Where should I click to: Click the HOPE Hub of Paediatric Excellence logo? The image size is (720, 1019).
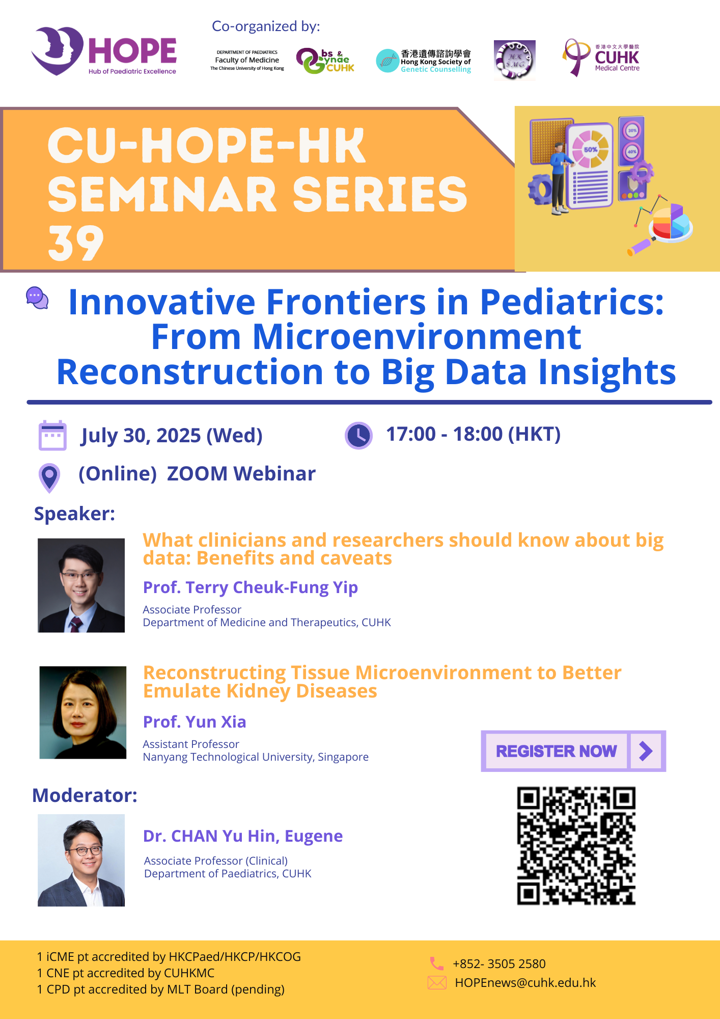click(x=104, y=51)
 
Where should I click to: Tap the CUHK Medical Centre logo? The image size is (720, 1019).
click(x=601, y=58)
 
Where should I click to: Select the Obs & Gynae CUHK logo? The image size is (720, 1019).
click(x=325, y=61)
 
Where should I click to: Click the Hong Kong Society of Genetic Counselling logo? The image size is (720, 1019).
click(x=424, y=61)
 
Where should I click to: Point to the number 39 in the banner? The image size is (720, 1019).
click(x=76, y=244)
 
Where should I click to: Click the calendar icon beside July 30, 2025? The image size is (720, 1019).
click(x=52, y=436)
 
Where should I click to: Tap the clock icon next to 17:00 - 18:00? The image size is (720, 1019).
click(x=359, y=436)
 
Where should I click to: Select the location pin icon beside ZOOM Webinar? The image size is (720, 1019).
click(x=49, y=478)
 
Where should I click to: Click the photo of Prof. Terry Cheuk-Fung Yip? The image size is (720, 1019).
click(x=81, y=585)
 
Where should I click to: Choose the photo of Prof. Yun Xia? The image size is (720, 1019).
click(x=83, y=712)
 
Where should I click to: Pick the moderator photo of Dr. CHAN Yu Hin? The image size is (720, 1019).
click(x=81, y=860)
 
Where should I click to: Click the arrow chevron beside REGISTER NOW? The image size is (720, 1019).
click(x=646, y=751)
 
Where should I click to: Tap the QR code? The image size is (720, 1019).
click(x=576, y=846)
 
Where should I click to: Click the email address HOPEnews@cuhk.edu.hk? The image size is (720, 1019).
click(x=525, y=983)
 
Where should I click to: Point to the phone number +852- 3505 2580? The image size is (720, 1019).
click(x=499, y=964)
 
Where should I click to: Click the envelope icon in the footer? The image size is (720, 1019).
click(x=437, y=983)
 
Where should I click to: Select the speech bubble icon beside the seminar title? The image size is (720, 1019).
click(x=37, y=298)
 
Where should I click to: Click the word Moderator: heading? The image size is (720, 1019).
click(x=85, y=795)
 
